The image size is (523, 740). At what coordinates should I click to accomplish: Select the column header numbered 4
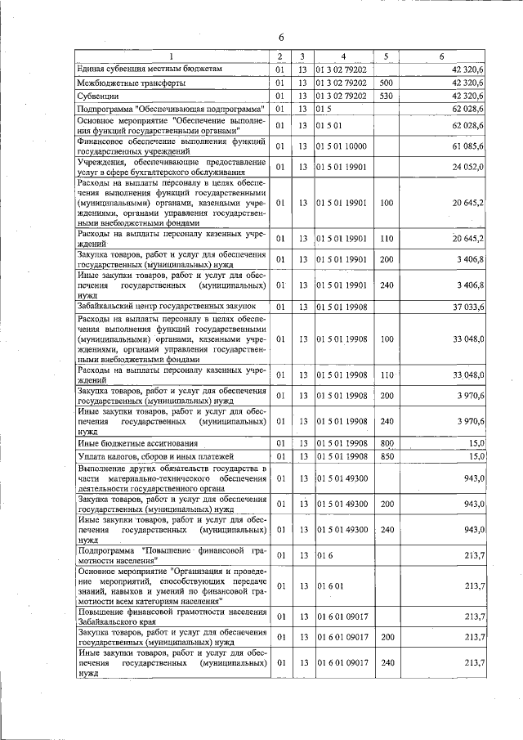[343, 56]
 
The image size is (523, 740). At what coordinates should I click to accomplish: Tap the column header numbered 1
[172, 56]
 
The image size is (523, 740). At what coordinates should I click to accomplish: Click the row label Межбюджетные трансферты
[131, 83]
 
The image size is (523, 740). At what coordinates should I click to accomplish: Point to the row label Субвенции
[97, 96]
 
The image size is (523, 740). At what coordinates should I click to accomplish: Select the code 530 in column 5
[387, 96]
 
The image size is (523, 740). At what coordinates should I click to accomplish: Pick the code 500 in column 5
[387, 83]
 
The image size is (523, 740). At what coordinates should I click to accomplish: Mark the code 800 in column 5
[387, 442]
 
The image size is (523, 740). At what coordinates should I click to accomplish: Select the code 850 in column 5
[387, 455]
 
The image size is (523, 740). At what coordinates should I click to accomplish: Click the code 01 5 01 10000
[342, 146]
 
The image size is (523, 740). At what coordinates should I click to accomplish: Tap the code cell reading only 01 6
[324, 556]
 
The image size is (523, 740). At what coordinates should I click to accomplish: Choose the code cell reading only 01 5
[324, 108]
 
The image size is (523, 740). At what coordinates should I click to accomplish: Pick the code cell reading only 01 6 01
[329, 585]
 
